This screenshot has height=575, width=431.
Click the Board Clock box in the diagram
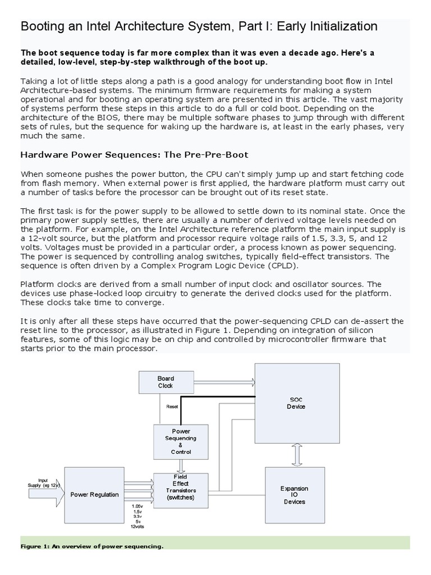pyautogui.click(x=166, y=382)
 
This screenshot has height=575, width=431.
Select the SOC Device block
pyautogui.click(x=297, y=403)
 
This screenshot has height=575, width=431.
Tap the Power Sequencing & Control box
pyautogui.click(x=181, y=441)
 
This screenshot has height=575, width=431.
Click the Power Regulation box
pyautogui.click(x=94, y=494)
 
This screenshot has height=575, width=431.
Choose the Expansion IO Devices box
pyautogui.click(x=294, y=495)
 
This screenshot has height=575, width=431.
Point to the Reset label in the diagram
pyautogui.click(x=172, y=407)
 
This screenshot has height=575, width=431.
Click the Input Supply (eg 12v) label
pyautogui.click(x=42, y=483)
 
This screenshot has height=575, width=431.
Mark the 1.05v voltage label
pyautogui.click(x=136, y=506)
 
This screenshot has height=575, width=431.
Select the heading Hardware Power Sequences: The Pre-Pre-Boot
pyautogui.click(x=134, y=154)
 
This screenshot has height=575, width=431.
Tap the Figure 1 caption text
pyautogui.click(x=92, y=546)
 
